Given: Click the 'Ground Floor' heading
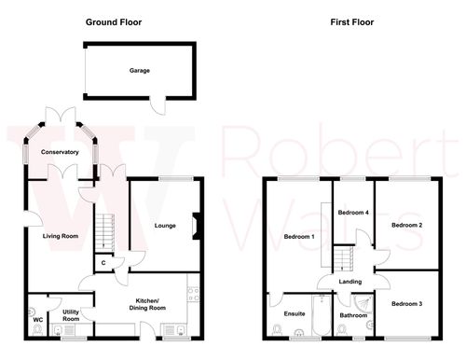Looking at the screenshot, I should (113, 21).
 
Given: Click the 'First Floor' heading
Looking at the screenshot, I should (350, 21).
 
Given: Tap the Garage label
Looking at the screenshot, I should (140, 70).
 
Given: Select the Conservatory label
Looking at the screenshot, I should (52, 152).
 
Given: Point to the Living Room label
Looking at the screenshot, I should (61, 237).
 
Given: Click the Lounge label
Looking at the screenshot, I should (164, 225).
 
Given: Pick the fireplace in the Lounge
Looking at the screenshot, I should (195, 226).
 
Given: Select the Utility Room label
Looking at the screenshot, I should (70, 315).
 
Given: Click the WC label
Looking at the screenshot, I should (37, 320).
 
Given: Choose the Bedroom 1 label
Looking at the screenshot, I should (298, 237).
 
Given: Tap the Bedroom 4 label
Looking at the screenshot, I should (353, 214).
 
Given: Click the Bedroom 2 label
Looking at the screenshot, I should (407, 225).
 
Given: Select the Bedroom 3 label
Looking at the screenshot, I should (407, 304).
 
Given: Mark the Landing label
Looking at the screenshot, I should (350, 282).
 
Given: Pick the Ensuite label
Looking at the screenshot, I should (295, 313).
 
